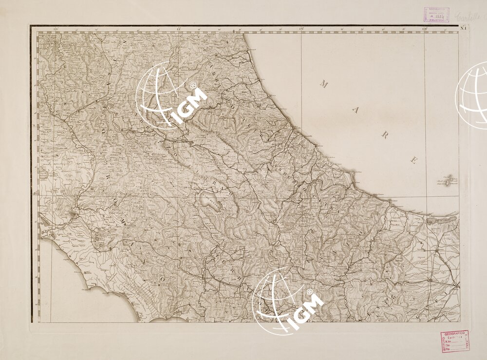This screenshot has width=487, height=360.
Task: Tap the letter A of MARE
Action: tap(354, 111)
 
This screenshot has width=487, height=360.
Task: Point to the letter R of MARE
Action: tap(384, 135)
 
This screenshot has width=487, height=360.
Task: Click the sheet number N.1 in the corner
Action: tap(463, 27)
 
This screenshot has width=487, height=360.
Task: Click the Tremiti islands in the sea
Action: tap(450, 182)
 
